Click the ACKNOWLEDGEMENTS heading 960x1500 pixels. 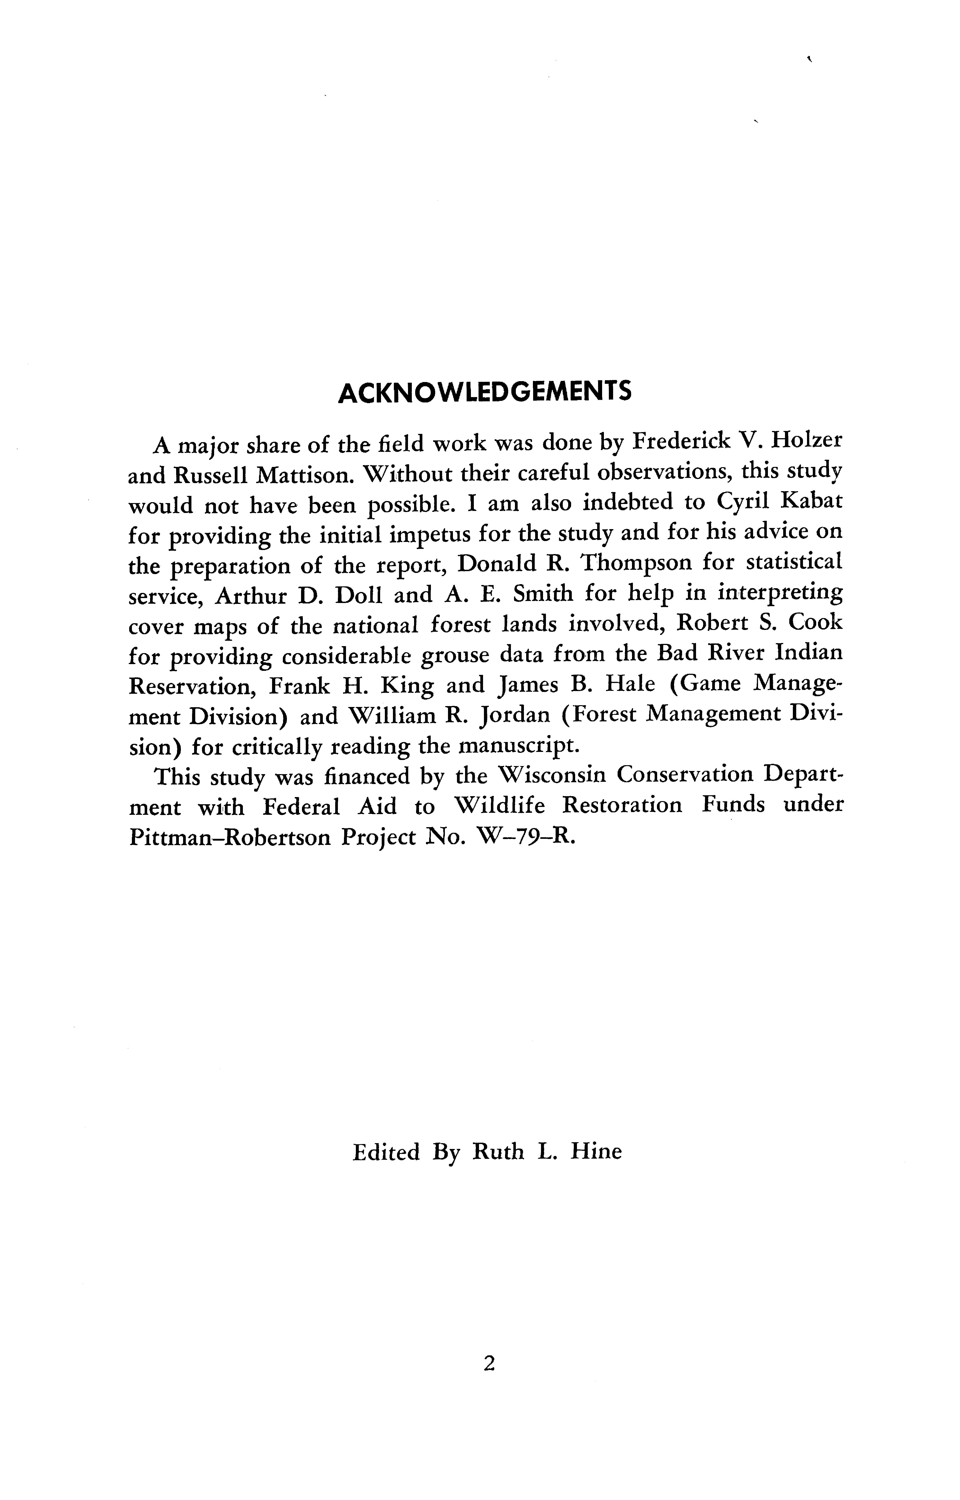(x=484, y=393)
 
